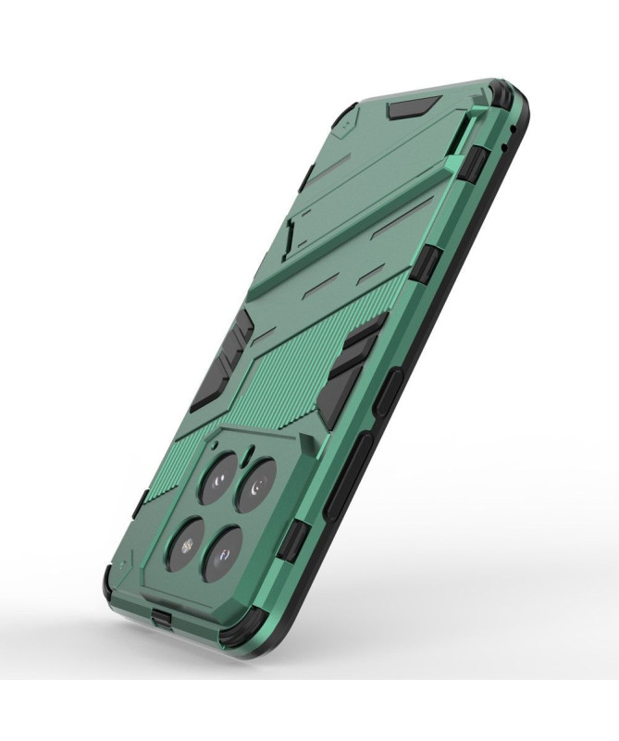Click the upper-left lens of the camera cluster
click(x=220, y=475)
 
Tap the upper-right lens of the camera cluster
click(x=257, y=484)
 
